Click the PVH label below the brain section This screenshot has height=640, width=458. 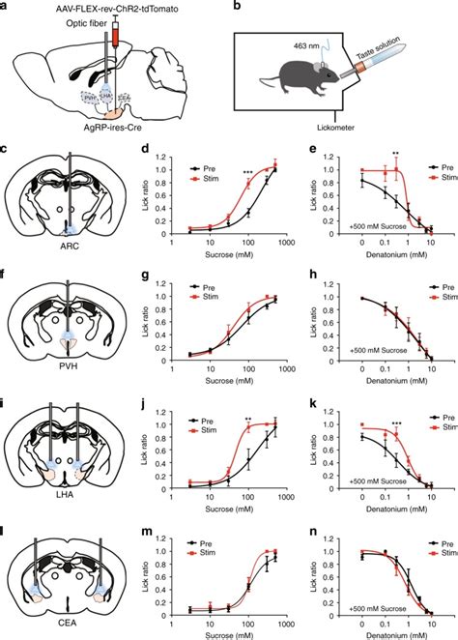[x=69, y=368]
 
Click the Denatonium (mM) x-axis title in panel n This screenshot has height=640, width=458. [x=387, y=633]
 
